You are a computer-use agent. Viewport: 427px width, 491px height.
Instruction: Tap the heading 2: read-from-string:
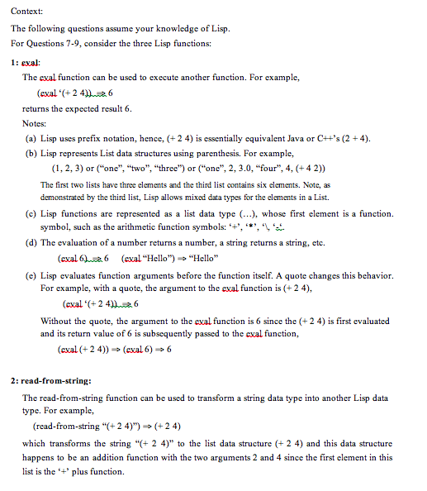pyautogui.click(x=50, y=381)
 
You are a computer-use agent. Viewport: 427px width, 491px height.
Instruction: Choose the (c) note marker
pyautogui.click(x=31, y=212)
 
